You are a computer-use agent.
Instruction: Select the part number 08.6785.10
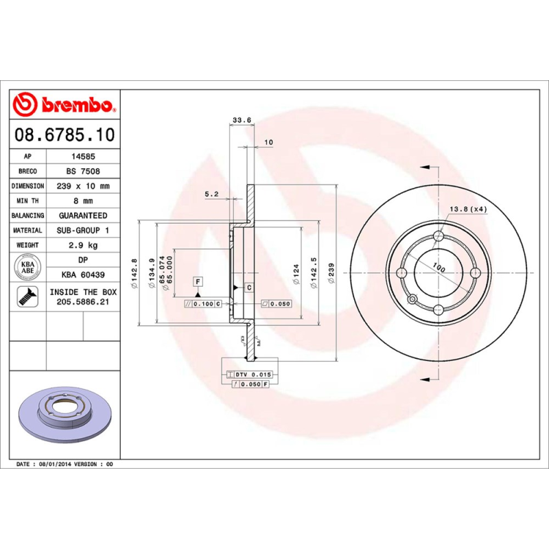pyautogui.click(x=65, y=135)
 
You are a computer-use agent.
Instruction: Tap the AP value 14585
pyautogui.click(x=83, y=156)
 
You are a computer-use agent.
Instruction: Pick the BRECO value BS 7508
pyautogui.click(x=83, y=172)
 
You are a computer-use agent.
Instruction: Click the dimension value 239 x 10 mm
pyautogui.click(x=83, y=186)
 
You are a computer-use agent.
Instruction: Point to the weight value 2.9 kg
pyautogui.click(x=83, y=245)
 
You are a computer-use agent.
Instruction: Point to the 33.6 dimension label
pyautogui.click(x=242, y=120)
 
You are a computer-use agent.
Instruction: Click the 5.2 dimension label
pyautogui.click(x=212, y=194)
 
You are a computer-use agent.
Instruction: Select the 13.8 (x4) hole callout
pyautogui.click(x=468, y=209)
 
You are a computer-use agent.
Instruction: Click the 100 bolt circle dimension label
pyautogui.click(x=439, y=268)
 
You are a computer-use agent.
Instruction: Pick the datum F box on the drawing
pyautogui.click(x=198, y=282)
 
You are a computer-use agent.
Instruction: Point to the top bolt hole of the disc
pyautogui.click(x=439, y=236)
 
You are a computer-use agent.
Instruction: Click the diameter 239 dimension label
pyautogui.click(x=332, y=274)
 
